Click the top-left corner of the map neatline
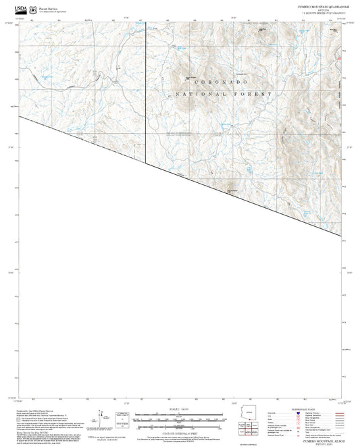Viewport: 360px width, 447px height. tap(18, 22)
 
